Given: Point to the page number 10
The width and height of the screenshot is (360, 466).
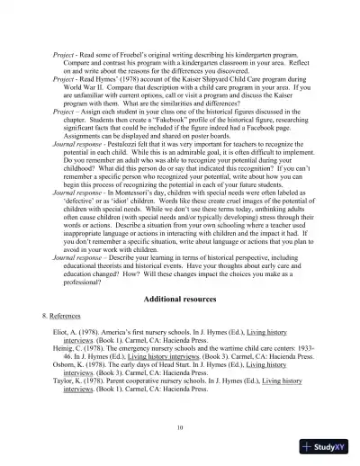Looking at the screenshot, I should [x=180, y=426].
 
